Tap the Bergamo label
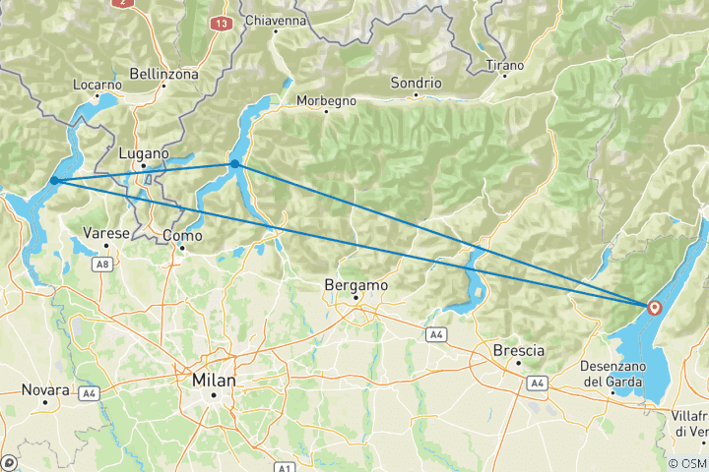point(355,285)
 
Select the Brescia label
point(519,348)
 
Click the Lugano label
point(144,154)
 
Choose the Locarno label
point(97,85)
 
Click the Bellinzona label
point(164,74)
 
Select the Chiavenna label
point(275,20)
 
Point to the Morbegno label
point(326,100)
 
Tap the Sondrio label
point(415,83)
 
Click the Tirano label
point(505,66)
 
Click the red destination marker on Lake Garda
point(654,307)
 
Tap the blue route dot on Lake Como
point(235,164)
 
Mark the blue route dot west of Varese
point(54,180)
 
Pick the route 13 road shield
point(221,22)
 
